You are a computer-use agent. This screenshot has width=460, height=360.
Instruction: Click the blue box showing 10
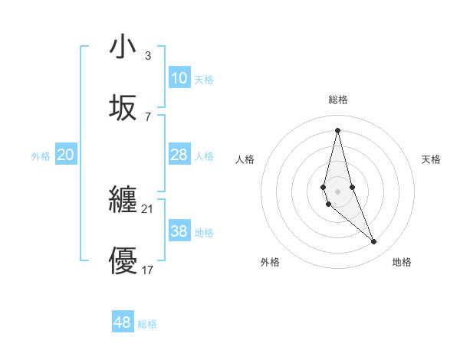pos(179,78)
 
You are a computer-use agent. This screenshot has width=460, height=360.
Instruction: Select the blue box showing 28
pos(179,155)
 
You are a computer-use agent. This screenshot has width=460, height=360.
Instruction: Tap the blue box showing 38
pos(179,231)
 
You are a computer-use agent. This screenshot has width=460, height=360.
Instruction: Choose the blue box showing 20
pos(66,155)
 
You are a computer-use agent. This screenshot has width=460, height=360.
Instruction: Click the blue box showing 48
pos(123,322)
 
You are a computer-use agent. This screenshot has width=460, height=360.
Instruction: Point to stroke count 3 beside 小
pos(148,56)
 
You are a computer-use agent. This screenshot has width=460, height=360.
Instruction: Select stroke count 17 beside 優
pos(148,270)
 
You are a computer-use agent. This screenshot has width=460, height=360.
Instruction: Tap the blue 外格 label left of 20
pos(41,156)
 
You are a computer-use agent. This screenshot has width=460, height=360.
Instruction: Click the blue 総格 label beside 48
pos(147,324)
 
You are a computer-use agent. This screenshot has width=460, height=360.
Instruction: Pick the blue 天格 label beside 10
pos(204,80)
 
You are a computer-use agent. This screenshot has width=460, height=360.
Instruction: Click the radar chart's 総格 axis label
pos(338,100)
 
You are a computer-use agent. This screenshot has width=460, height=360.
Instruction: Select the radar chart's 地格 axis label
pos(402,263)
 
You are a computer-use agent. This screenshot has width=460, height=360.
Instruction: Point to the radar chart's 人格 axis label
pos(245,159)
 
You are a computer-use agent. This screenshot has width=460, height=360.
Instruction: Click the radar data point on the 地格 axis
pos(374,242)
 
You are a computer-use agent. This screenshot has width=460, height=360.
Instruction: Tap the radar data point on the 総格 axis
pos(337,129)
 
